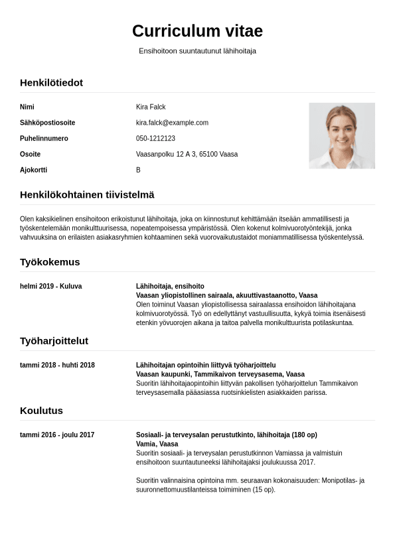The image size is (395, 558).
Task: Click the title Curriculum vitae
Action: tap(197, 31)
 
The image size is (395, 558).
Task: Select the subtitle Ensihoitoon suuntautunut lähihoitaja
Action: tap(197, 51)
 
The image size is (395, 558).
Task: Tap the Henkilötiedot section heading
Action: tap(51, 83)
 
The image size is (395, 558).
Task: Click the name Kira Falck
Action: tap(151, 107)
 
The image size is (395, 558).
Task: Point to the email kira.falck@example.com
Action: tap(172, 123)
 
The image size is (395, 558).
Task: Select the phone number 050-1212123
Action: tap(155, 139)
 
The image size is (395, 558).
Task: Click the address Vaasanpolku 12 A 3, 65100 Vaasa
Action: tap(187, 155)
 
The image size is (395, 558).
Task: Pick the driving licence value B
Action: tap(138, 171)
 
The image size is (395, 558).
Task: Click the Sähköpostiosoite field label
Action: tap(47, 123)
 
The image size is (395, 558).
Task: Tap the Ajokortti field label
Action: tap(33, 171)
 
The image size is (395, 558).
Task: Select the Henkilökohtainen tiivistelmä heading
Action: tap(87, 195)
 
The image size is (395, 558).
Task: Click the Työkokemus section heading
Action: tap(50, 262)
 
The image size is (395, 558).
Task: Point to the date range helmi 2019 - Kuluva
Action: tap(50, 287)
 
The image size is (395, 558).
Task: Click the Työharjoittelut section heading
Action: tap(54, 341)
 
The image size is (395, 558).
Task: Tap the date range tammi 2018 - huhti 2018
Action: tap(57, 366)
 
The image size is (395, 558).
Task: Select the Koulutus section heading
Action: tap(41, 411)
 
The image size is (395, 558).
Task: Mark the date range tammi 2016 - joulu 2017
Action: tap(57, 435)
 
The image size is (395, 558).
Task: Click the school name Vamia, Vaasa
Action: tap(157, 445)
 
